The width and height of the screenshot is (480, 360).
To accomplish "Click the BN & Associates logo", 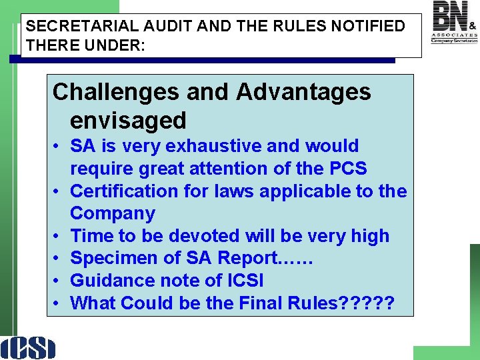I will (455, 22).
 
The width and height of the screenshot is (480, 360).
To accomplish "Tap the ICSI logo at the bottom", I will (28, 347).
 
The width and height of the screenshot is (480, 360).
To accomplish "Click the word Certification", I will (125, 191).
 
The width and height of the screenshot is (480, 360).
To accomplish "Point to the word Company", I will (113, 213).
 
